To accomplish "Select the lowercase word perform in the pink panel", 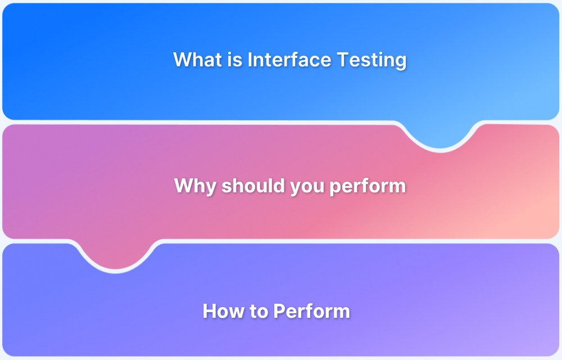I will point(368,186).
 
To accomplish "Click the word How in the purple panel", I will point(220,311).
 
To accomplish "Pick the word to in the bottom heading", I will point(257,311).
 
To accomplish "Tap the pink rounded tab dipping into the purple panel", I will point(116,256).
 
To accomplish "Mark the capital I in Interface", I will point(250,60).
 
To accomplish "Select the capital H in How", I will point(209,311).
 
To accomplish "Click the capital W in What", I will point(183,60).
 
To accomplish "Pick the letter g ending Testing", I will point(400,62).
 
